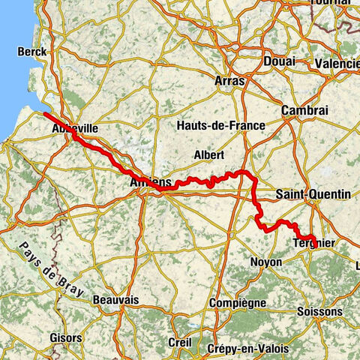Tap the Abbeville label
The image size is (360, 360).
tap(75, 129)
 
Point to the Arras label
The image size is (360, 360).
tap(229, 79)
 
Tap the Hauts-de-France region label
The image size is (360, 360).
tap(220, 125)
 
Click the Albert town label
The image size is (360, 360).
tap(208, 154)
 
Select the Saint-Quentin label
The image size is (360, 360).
tap(313, 194)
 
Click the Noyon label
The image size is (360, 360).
tap(266, 262)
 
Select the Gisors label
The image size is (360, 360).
tap(66, 338)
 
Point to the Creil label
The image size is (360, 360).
tap(180, 341)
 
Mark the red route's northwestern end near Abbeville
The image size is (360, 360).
tap(45, 114)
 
